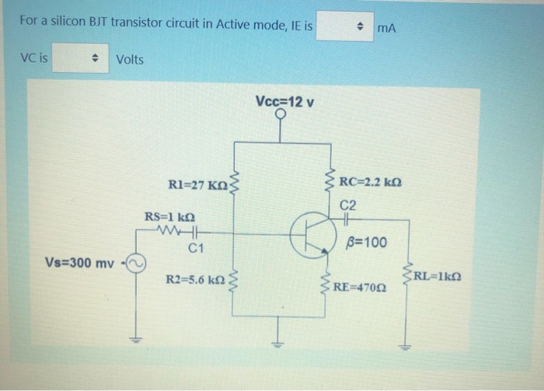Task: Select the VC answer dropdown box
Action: coord(78,58)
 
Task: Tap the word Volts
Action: coord(130,59)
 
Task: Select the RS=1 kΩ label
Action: coord(169,216)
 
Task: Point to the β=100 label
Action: coord(368,243)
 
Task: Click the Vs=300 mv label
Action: coord(79,263)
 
